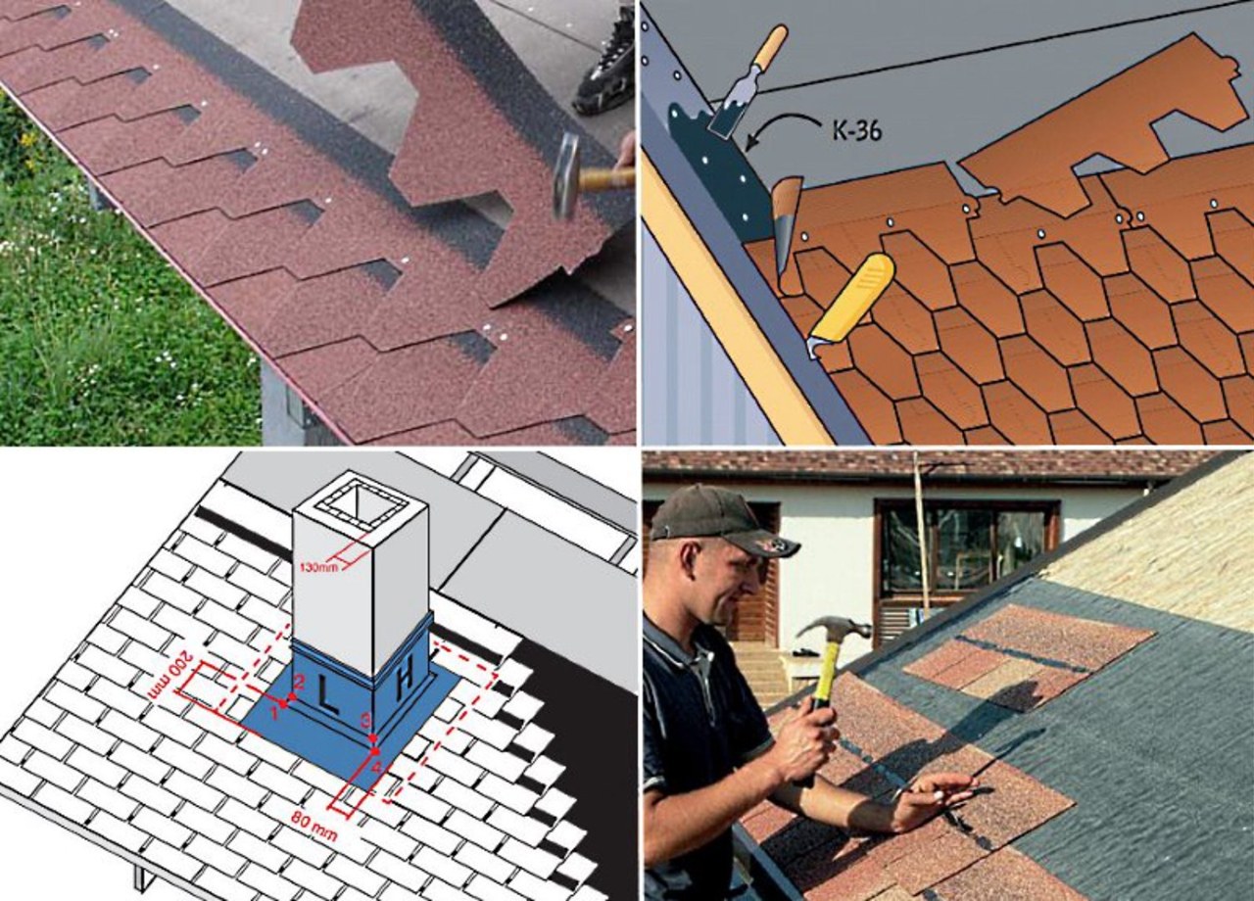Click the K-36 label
click(x=856, y=130)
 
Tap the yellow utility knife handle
click(x=852, y=297)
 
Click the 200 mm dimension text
click(x=169, y=677)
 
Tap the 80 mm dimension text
click(x=314, y=826)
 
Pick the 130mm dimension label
click(x=315, y=567)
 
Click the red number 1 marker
click(x=275, y=712)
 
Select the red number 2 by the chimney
click(x=299, y=683)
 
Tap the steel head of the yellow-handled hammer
click(x=833, y=629)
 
